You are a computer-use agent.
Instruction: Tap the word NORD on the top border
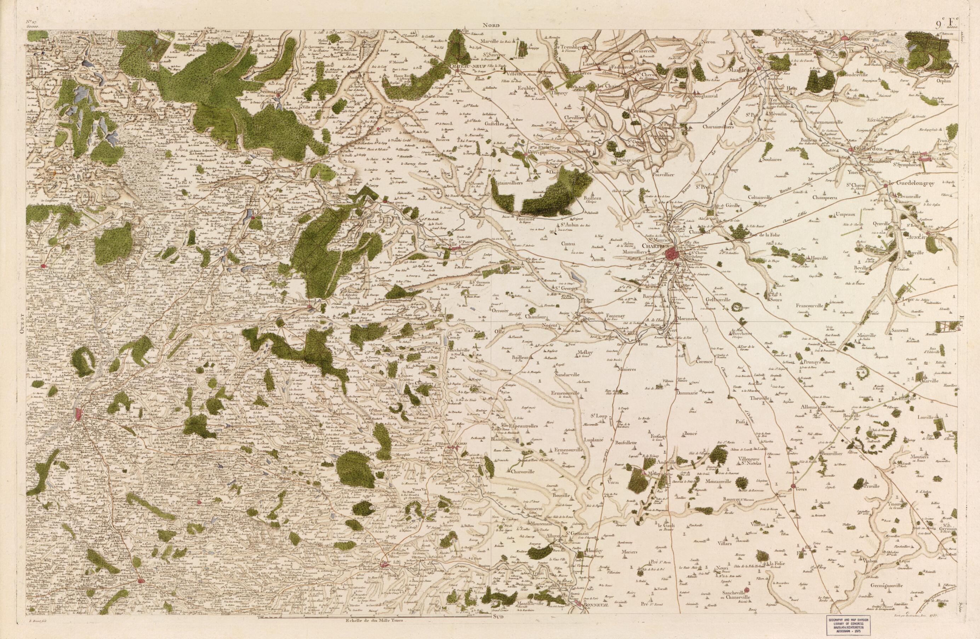492,25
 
